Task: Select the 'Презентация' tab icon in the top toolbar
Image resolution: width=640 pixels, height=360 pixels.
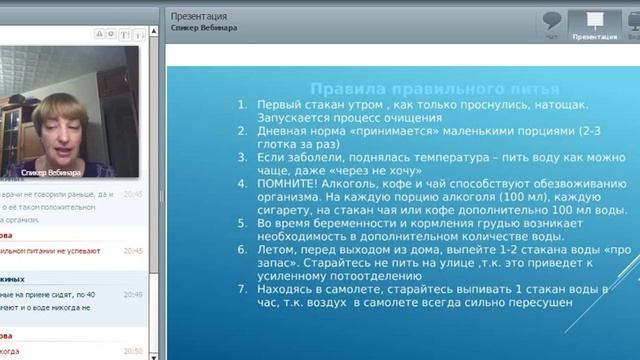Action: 594,23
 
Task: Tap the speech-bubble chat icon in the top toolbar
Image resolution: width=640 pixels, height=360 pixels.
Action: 551,23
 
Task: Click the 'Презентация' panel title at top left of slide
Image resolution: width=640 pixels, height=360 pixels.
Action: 199,17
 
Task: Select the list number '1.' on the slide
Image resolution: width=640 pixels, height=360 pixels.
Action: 241,105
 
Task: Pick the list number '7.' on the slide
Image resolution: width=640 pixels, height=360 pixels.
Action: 241,289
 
